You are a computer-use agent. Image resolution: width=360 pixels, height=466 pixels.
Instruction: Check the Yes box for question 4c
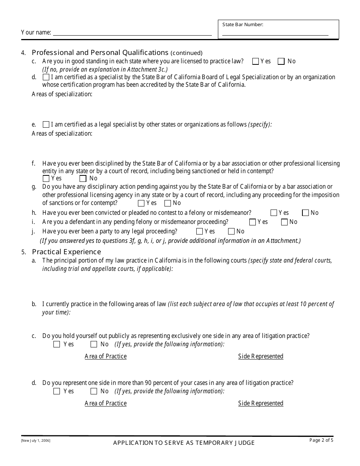pos(255,61)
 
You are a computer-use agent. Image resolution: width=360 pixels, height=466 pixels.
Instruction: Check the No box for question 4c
pos(281,61)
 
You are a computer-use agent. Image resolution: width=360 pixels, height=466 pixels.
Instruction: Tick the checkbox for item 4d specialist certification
pos(46,77)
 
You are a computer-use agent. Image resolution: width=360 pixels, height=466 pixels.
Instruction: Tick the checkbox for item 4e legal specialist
pos(46,124)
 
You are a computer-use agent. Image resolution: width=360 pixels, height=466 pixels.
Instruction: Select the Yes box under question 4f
pos(46,178)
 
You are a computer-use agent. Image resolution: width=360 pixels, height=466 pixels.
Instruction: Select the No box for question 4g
pos(167,203)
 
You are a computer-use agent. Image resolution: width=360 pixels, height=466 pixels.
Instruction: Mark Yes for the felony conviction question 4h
pos(274,213)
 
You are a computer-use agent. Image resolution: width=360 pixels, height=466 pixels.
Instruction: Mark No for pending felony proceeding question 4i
pos(284,222)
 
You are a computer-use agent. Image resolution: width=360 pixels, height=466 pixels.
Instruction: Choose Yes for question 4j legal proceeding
pos(199,231)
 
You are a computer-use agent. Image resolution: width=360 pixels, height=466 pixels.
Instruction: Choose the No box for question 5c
pos(94,344)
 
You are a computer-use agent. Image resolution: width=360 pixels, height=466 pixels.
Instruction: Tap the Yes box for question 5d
pos(57,391)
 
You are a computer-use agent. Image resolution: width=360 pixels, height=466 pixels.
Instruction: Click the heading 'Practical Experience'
pos(67,252)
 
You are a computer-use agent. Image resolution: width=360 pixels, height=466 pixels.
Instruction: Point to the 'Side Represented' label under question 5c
pos(261,356)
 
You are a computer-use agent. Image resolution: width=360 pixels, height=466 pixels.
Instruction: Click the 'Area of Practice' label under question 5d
pos(106,403)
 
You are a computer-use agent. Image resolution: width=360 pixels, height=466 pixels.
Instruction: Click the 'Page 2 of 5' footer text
pos(321,440)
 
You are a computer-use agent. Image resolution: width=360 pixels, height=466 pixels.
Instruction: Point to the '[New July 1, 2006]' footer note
pos(36,441)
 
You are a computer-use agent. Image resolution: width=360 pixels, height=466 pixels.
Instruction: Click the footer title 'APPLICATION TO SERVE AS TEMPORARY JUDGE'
pos(184,443)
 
